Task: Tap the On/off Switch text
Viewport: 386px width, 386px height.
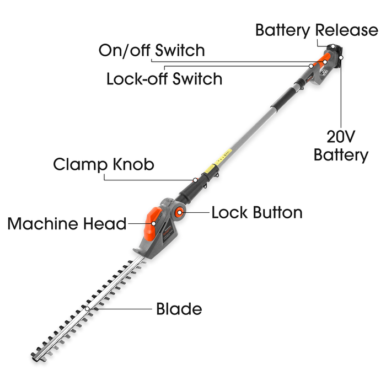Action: tap(152, 50)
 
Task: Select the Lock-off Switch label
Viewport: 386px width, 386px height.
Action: tap(164, 78)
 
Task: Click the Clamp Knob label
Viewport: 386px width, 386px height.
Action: tap(104, 164)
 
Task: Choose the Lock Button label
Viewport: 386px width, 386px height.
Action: tap(257, 212)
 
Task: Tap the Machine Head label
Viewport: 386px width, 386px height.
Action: tap(67, 223)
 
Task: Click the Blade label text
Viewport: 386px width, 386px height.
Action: tap(179, 309)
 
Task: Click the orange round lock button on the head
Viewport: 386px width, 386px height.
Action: tap(180, 213)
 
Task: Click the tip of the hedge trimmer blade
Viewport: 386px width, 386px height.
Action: tap(36, 350)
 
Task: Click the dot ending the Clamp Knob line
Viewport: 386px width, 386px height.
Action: tap(195, 180)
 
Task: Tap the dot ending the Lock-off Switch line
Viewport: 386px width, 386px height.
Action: tap(312, 66)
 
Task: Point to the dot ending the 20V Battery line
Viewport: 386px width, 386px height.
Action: tap(341, 56)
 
